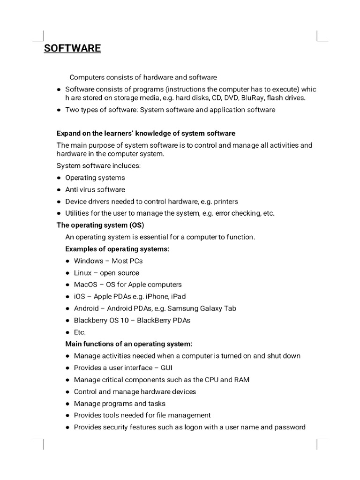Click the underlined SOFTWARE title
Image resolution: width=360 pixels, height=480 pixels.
tap(72, 48)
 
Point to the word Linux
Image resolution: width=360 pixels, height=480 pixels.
tap(83, 273)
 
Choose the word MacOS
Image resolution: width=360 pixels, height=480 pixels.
tap(85, 285)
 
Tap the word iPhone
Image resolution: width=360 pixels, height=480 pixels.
tap(156, 296)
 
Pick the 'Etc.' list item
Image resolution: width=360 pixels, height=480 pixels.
tap(80, 332)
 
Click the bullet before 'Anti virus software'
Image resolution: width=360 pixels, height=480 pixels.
tap(59, 190)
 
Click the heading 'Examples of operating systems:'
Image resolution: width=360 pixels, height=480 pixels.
tap(117, 249)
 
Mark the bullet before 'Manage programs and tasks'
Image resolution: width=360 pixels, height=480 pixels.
tap(67, 404)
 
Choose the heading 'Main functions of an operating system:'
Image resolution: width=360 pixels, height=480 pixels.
tap(129, 344)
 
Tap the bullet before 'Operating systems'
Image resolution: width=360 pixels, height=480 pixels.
tap(59, 178)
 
